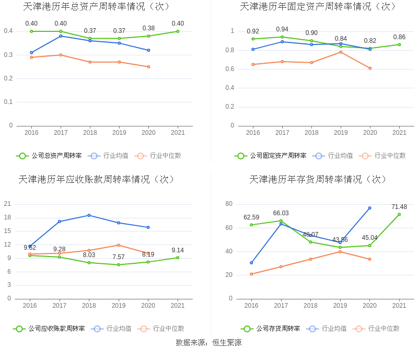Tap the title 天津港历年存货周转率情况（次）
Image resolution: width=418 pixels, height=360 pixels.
pos(319,179)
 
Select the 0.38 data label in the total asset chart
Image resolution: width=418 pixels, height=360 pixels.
pos(148,28)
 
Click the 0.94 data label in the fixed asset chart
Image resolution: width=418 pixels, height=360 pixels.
pos(282,29)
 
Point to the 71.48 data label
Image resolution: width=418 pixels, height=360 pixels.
pos(399,207)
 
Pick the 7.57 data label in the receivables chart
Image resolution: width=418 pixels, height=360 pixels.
pos(119,257)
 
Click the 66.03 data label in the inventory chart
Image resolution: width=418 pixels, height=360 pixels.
pos(281,213)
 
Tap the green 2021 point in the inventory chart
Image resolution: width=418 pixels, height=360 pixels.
pos(399,214)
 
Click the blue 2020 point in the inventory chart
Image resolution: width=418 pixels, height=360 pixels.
pos(369,208)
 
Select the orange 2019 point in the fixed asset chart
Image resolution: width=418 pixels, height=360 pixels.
pos(341,52)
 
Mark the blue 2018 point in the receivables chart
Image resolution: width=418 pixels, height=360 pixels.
pos(89,215)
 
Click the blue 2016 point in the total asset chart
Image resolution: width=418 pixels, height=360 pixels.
pos(31,52)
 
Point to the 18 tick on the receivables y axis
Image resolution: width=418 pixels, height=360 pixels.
pos(7,217)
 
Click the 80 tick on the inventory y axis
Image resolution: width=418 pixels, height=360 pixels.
pos(229,204)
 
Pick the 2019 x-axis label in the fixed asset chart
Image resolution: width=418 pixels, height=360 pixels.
pos(341,133)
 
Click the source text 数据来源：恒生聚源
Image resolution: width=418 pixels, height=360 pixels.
pos(208,343)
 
